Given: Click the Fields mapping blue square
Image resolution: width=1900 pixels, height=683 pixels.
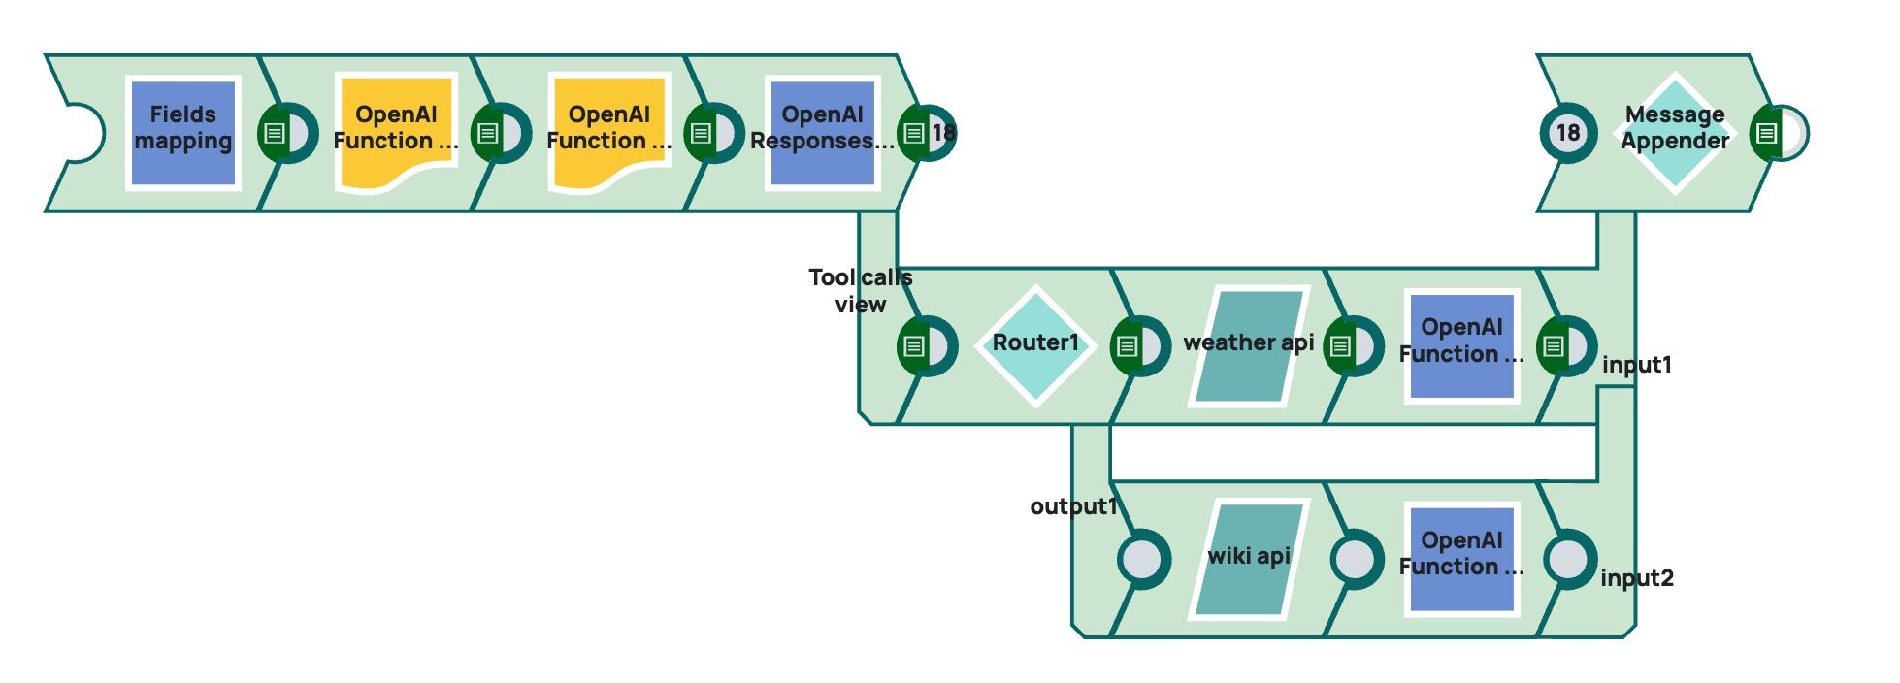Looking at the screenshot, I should (182, 133).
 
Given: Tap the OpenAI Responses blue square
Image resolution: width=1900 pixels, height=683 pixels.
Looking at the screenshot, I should (823, 133).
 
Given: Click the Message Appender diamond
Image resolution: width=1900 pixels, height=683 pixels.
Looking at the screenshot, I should (1675, 133).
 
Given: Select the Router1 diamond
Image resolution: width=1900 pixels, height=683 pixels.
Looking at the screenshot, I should (1035, 345).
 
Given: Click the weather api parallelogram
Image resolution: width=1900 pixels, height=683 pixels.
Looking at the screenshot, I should (1249, 345).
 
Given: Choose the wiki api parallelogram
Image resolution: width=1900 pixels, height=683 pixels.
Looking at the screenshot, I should (1249, 559).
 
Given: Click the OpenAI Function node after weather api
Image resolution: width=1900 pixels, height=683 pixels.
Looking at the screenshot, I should (1461, 345).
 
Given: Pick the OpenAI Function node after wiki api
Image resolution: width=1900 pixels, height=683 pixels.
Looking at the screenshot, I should (1461, 559).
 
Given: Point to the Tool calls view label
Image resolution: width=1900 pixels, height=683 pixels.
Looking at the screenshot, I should (860, 290).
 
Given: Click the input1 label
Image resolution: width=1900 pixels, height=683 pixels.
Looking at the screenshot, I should (1637, 365).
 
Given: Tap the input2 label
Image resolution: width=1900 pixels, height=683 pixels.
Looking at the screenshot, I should (1637, 578).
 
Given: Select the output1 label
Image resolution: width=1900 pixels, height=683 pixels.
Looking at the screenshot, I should (1073, 506).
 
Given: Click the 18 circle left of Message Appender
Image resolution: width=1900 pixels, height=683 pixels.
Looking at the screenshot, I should (1568, 133).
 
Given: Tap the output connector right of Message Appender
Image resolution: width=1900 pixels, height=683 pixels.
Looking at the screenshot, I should (1779, 133).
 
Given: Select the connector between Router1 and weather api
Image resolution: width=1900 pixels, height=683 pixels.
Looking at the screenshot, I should (1139, 345).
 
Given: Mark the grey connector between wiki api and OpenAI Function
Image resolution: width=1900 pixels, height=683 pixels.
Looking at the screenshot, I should (1356, 559).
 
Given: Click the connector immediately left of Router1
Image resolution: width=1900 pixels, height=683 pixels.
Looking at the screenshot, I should (927, 345).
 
